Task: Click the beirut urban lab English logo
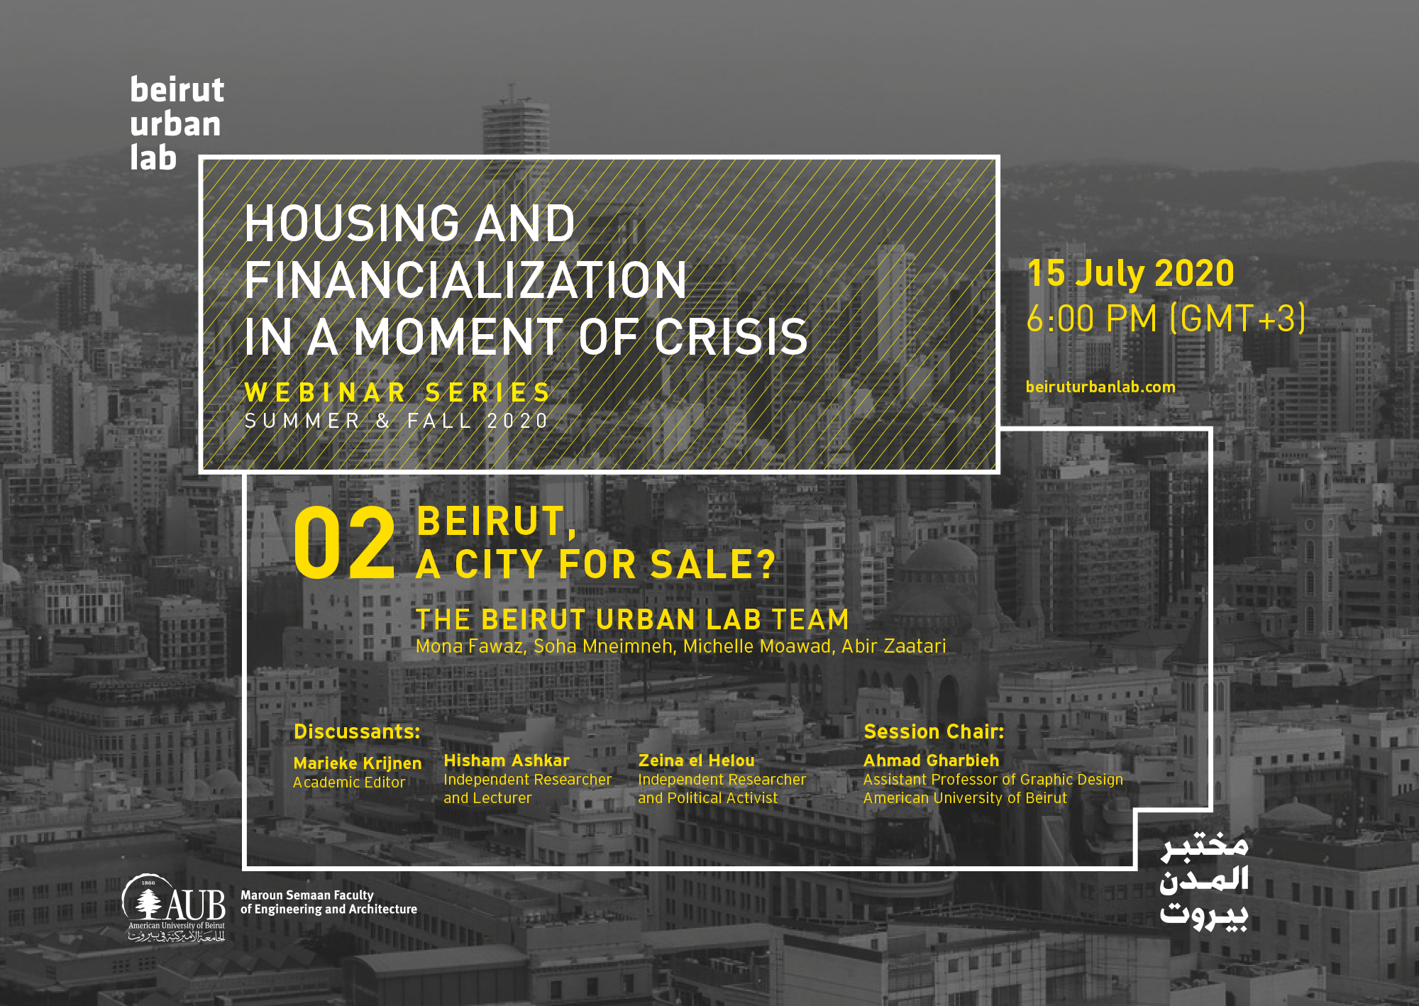(177, 123)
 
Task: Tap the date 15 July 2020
(1130, 273)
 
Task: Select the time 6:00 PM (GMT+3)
(1166, 318)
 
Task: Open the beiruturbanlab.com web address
(1100, 387)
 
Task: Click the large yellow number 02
(344, 543)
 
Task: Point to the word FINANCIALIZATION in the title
(465, 280)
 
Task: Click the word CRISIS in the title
(731, 337)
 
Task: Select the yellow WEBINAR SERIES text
(397, 392)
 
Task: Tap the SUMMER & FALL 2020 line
(397, 421)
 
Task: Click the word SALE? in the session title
(713, 565)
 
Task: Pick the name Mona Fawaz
(469, 646)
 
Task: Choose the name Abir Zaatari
(893, 646)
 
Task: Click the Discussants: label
(357, 731)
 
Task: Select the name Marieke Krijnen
(358, 763)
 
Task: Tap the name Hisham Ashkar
(507, 761)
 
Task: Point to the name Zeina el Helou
(696, 761)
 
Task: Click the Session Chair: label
(934, 731)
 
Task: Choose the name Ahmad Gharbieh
(931, 761)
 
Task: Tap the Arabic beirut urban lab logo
(1203, 880)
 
